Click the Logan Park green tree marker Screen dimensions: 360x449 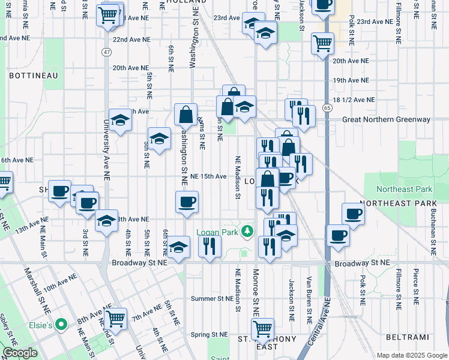pyautogui.click(x=246, y=232)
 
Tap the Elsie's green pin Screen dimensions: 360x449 pyautogui.click(x=60, y=325)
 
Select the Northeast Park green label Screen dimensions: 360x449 pyautogui.click(x=405, y=189)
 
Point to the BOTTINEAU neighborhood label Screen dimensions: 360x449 pyautogui.click(x=33, y=76)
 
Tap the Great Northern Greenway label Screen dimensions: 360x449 pyautogui.click(x=386, y=119)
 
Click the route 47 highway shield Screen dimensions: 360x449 pyautogui.click(x=106, y=53)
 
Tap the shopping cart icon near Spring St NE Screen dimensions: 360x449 pyautogui.click(x=262, y=328)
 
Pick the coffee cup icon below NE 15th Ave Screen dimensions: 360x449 pyautogui.click(x=187, y=201)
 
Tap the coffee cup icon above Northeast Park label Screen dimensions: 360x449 pyautogui.click(x=353, y=213)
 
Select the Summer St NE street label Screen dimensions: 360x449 pyautogui.click(x=211, y=298)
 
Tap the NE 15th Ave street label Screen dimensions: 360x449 pyautogui.click(x=208, y=176)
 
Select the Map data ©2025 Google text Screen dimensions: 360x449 pyautogui.click(x=412, y=355)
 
